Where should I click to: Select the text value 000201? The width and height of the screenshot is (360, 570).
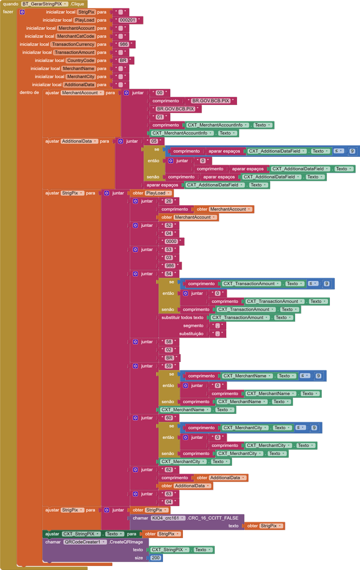[x=128, y=20]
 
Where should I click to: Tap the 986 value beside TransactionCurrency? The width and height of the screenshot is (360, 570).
[x=124, y=44]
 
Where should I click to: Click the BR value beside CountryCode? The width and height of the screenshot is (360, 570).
[x=123, y=60]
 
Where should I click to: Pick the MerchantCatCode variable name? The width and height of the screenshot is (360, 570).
[x=76, y=36]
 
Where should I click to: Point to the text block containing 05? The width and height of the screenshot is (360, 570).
[x=154, y=141]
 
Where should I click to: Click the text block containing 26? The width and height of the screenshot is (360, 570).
[x=168, y=201]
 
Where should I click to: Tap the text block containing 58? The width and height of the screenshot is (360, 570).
[x=168, y=342]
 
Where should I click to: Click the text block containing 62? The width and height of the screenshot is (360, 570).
[x=168, y=470]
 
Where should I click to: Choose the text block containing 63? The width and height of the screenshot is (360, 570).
[x=168, y=494]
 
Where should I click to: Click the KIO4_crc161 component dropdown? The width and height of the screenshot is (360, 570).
[x=168, y=518]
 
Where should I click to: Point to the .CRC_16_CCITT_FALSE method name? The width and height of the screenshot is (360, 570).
[x=212, y=518]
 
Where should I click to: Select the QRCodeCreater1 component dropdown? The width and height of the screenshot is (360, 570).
[x=85, y=541]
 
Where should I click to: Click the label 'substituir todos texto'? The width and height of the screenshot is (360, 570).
[x=183, y=317]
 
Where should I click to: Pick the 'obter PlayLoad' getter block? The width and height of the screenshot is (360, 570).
[x=151, y=193]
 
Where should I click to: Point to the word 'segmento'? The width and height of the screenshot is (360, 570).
[x=193, y=325]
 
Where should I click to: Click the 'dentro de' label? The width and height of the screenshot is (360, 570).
[x=29, y=92]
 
